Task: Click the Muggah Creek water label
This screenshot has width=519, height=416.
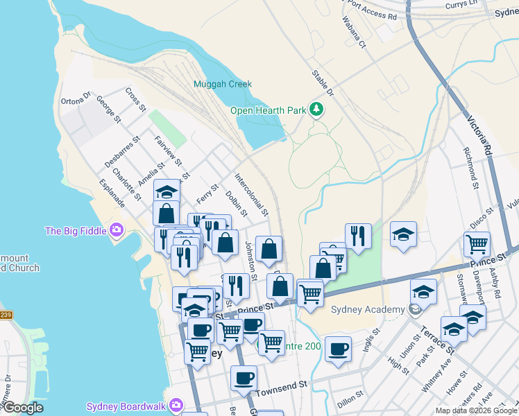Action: click(222, 84)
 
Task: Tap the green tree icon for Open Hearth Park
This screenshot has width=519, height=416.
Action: click(316, 110)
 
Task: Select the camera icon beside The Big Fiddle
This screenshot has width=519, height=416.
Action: click(116, 229)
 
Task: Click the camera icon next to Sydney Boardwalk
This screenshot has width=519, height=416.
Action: click(177, 405)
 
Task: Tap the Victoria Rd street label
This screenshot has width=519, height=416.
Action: click(479, 135)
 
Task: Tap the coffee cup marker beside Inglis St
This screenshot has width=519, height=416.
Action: click(338, 349)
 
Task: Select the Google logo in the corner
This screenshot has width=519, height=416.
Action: click(23, 408)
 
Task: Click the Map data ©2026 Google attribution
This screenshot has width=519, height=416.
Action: click(476, 410)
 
